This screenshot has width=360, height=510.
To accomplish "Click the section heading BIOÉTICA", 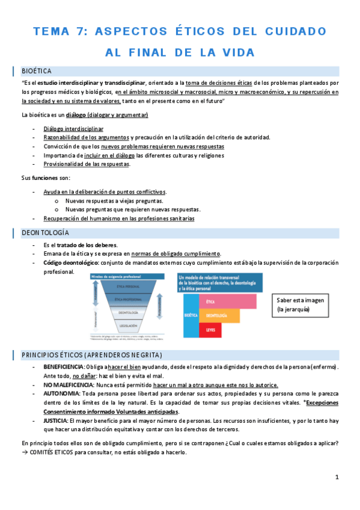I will click(x=36, y=70).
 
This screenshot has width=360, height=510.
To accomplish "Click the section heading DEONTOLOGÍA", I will click(x=45, y=233).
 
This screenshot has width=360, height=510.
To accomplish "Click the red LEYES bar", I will click(x=210, y=330).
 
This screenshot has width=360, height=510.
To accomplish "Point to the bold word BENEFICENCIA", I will click(x=64, y=367).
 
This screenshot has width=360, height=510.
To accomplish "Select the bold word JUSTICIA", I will click(x=55, y=420).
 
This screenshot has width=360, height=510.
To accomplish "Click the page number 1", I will click(x=337, y=477).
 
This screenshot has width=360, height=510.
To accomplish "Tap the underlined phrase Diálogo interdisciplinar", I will click(x=73, y=129).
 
